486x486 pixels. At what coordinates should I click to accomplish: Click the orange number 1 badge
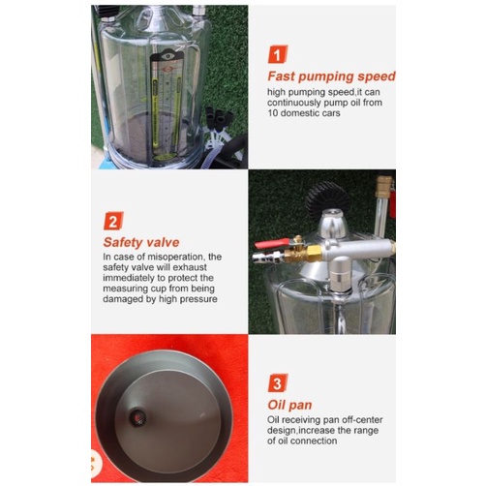tap(278, 54)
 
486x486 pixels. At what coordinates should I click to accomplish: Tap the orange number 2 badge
tap(113, 221)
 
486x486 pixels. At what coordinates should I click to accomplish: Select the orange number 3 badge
tap(278, 383)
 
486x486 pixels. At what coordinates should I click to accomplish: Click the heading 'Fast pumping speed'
tap(331, 76)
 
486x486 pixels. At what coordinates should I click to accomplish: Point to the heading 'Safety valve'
tap(141, 242)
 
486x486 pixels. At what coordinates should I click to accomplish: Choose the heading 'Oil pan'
tap(289, 405)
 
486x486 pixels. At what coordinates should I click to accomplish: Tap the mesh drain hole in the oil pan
tap(137, 417)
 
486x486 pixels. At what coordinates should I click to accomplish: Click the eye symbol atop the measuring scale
tap(167, 56)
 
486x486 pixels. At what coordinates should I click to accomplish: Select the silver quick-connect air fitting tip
tap(263, 258)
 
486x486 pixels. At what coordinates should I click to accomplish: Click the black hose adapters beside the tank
tap(219, 118)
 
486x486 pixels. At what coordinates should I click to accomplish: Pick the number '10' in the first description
tap(273, 113)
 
